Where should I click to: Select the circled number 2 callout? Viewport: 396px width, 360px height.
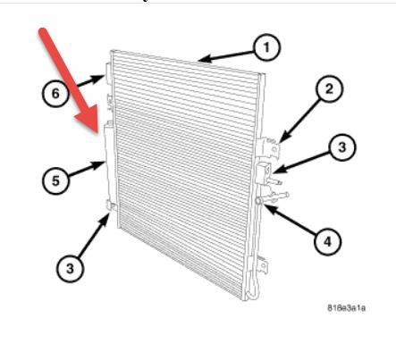point(327,88)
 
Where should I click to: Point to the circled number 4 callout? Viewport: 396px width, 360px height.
point(328,239)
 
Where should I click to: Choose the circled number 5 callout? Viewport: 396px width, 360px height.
point(55,180)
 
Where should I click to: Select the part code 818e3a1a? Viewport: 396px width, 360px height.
point(349,308)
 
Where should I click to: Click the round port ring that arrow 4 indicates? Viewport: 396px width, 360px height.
point(259,203)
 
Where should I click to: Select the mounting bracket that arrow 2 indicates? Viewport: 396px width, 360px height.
point(268,143)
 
